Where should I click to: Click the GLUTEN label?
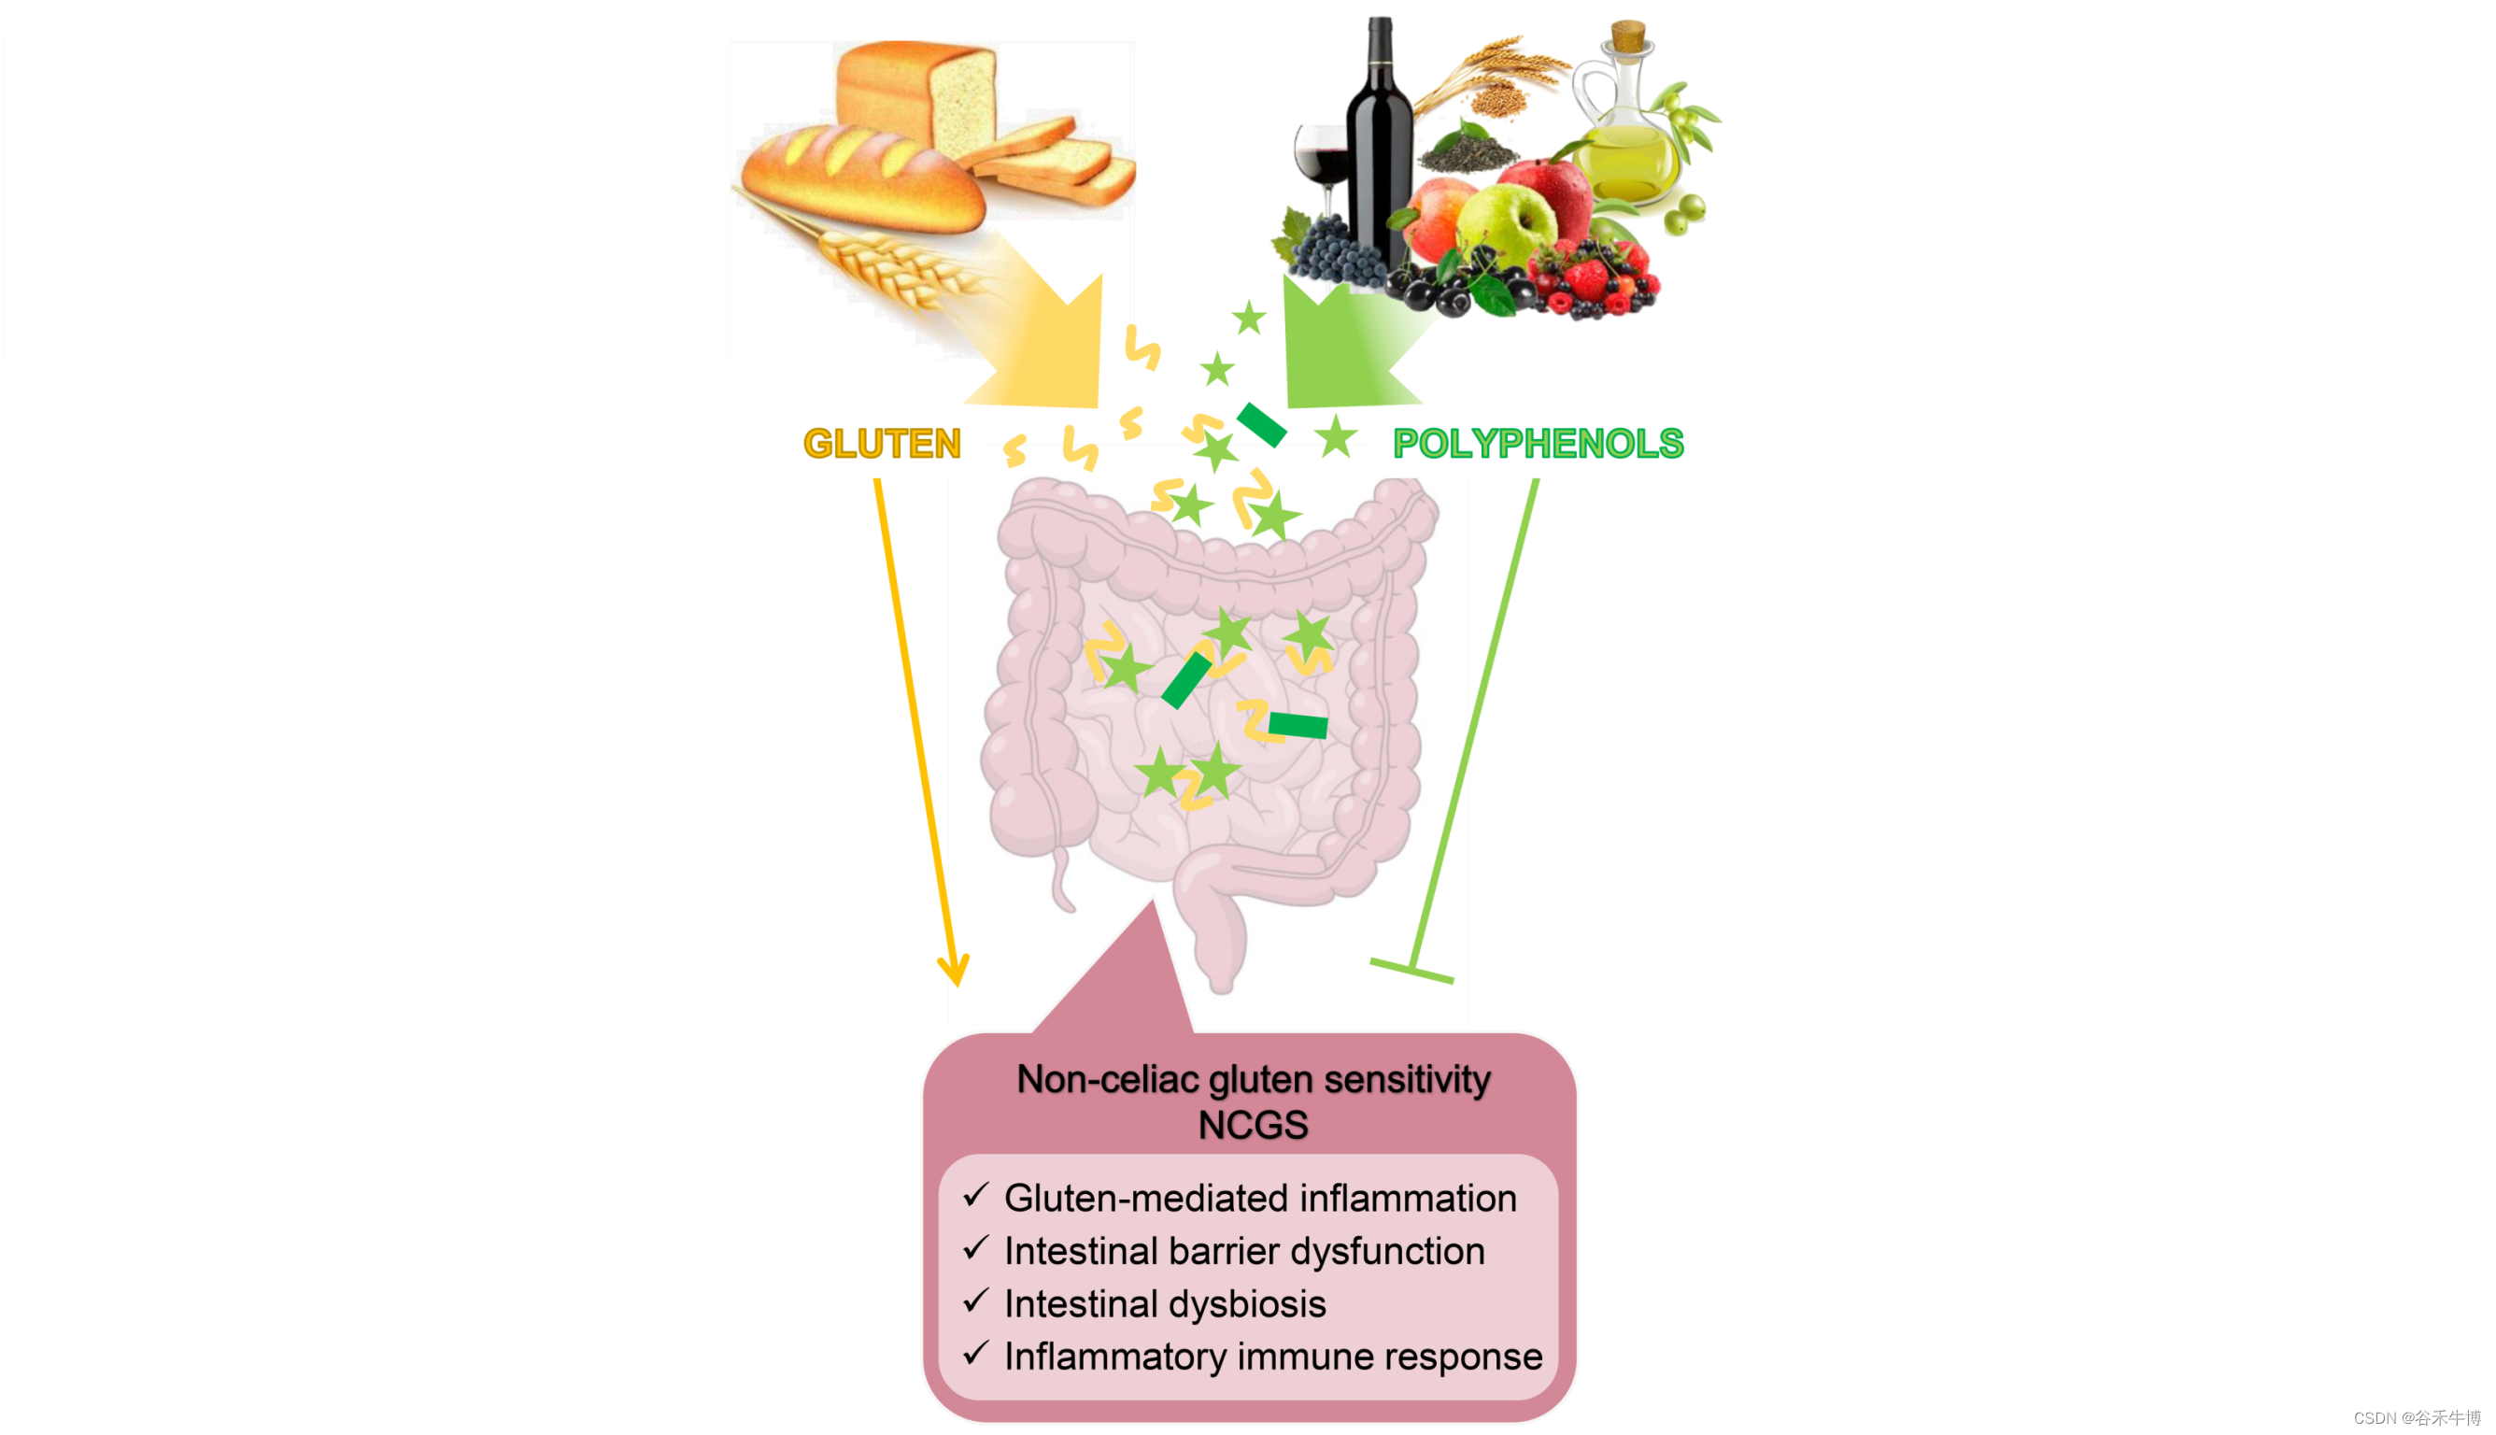pyautogui.click(x=882, y=444)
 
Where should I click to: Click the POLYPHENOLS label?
pyautogui.click(x=1538, y=444)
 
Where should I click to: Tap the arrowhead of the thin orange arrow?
pyautogui.click(x=954, y=971)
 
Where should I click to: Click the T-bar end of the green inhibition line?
pyautogui.click(x=1411, y=971)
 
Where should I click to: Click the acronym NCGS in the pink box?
pyautogui.click(x=1253, y=1125)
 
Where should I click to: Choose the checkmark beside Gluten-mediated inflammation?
pyautogui.click(x=975, y=1196)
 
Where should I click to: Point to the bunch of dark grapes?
pyautogui.click(x=1335, y=251)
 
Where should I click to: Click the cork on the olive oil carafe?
pyautogui.click(x=1628, y=36)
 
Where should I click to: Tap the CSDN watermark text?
pyautogui.click(x=2417, y=1418)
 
